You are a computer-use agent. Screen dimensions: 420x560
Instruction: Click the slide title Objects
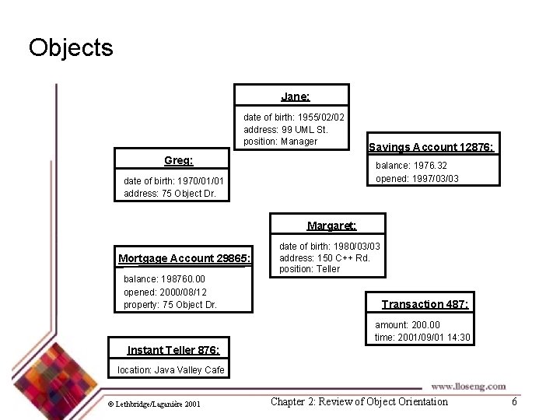tap(71, 48)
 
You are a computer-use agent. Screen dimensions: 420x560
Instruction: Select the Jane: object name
tap(296, 96)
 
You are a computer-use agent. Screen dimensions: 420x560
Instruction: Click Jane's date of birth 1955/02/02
tap(294, 117)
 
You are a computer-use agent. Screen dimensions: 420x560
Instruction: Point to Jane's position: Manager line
tap(280, 141)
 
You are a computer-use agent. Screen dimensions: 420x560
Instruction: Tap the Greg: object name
tap(179, 161)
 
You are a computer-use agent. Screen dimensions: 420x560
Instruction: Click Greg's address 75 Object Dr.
tap(169, 194)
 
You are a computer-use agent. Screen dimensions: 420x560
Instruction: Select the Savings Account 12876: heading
tap(431, 147)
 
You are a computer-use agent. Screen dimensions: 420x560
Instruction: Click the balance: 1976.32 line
tap(411, 166)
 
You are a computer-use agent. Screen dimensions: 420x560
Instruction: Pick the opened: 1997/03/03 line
tap(417, 178)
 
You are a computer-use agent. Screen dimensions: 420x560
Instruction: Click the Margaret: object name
tap(331, 226)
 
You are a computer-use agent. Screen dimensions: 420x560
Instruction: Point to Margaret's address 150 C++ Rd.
tap(324, 257)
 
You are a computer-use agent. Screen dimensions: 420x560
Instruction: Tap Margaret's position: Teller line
tap(310, 269)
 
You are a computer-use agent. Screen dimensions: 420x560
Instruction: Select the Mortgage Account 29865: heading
tap(185, 258)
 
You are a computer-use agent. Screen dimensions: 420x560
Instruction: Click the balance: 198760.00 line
tap(164, 278)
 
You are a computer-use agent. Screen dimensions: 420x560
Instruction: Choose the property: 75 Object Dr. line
tap(170, 304)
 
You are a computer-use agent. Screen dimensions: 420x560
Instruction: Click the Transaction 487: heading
tap(425, 304)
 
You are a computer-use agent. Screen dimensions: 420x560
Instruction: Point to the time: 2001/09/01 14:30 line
tap(422, 337)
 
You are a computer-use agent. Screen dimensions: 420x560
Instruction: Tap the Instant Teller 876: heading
tap(173, 350)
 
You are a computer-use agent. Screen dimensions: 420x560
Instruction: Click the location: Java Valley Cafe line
tap(170, 369)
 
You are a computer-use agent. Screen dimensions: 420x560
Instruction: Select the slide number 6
tap(514, 401)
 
